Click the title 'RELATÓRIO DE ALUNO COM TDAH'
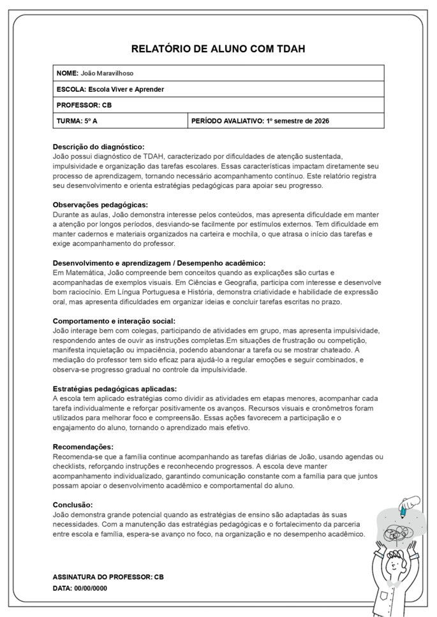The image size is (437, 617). (x=218, y=48)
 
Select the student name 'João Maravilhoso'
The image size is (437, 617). (x=107, y=73)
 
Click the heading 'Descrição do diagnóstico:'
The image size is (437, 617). (x=98, y=147)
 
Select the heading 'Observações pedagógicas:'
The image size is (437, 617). (x=100, y=205)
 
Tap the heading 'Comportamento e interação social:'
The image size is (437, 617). (x=114, y=321)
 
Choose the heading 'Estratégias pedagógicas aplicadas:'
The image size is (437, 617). (x=115, y=389)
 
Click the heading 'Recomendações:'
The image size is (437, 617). (x=83, y=447)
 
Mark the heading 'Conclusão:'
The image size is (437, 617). (x=74, y=505)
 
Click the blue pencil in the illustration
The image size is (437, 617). (x=404, y=509)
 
